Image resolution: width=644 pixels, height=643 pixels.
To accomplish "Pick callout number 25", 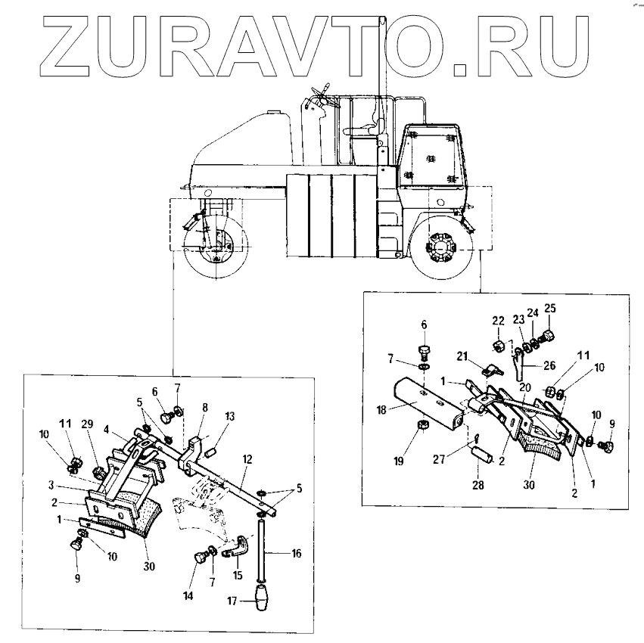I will click(549, 308).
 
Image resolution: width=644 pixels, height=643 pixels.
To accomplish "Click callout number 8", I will click(204, 407).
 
